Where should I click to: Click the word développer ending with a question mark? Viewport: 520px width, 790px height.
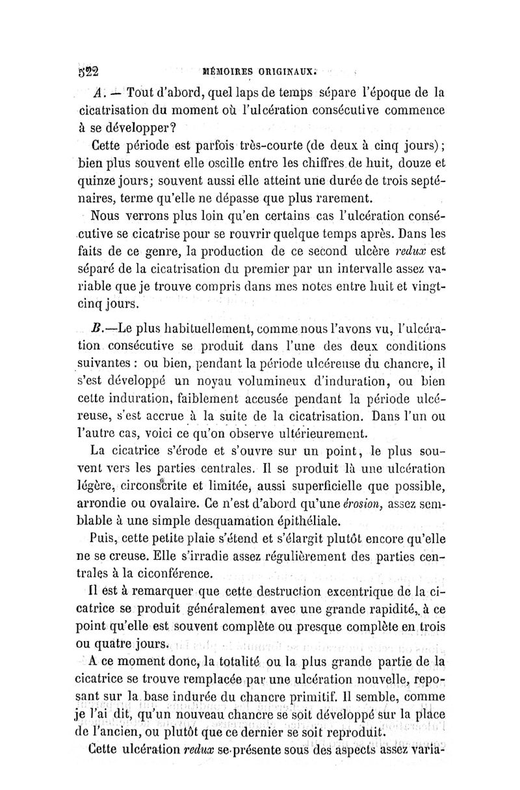pos(138,128)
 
